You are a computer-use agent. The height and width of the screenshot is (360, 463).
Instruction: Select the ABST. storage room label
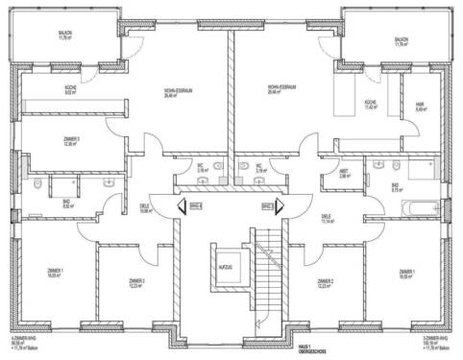point(344,175)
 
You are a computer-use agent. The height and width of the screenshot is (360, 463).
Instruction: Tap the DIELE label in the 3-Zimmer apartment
point(328,219)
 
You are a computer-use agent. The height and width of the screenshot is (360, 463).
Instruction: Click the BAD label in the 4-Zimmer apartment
point(39,203)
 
